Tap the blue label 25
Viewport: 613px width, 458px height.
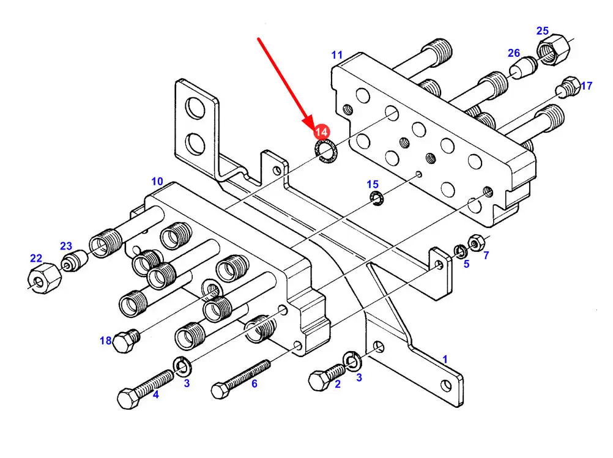point(543,31)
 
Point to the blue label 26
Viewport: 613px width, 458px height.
point(513,54)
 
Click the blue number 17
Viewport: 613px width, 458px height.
point(586,86)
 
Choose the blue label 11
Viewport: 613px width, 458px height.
point(337,55)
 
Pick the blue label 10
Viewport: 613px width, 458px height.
point(157,181)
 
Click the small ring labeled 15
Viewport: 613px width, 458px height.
point(376,198)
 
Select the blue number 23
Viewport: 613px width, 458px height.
point(66,246)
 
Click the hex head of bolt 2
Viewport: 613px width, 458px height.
point(319,380)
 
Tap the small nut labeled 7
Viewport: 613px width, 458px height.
point(475,243)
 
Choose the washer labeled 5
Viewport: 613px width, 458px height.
point(459,251)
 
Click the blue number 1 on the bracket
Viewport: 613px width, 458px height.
point(445,359)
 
